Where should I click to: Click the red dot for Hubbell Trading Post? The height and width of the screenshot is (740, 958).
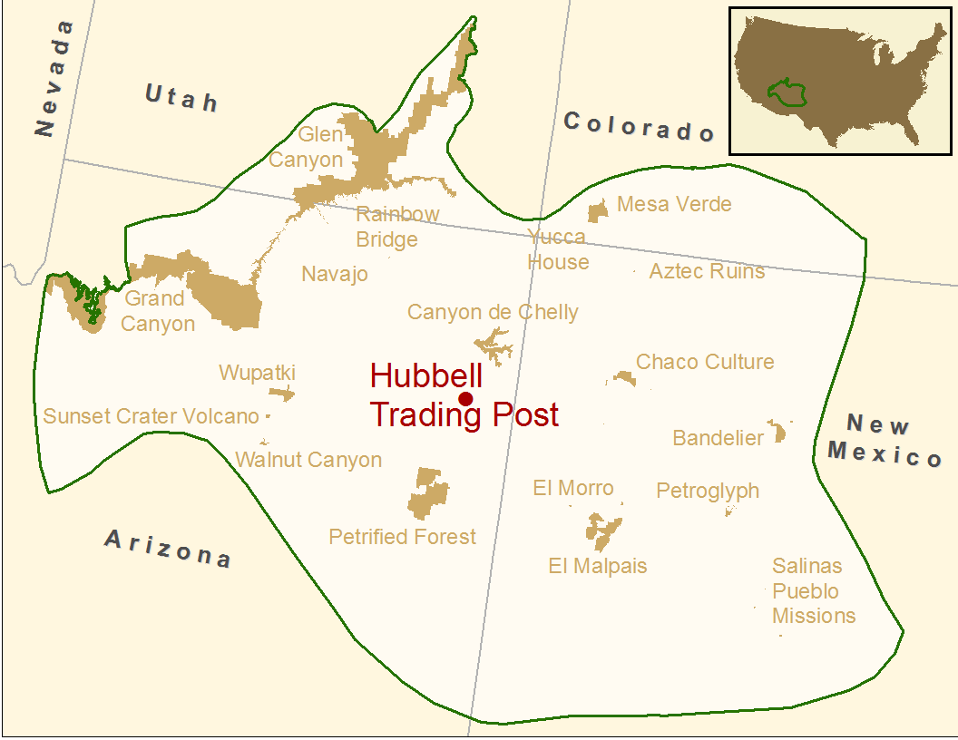(466, 399)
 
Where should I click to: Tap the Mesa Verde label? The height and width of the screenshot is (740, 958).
(674, 204)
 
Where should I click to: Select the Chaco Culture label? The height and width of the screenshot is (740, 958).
(705, 362)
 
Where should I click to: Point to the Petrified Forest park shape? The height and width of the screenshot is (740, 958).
(428, 493)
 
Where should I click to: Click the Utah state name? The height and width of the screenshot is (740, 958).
(181, 96)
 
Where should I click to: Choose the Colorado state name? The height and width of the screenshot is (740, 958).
(639, 126)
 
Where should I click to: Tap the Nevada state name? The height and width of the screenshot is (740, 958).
(53, 78)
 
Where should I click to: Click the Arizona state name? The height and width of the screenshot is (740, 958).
(168, 548)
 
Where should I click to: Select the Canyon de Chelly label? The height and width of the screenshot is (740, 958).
(493, 313)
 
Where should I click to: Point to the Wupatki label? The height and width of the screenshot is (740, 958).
(257, 373)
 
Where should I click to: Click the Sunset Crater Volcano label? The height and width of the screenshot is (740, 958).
(152, 416)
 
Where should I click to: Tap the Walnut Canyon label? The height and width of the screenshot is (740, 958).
(308, 460)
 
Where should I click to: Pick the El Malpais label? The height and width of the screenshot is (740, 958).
(598, 566)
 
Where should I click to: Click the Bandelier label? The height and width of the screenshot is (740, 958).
(718, 438)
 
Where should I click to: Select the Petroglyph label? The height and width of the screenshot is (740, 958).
(708, 491)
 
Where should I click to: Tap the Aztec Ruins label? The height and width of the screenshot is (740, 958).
(707, 271)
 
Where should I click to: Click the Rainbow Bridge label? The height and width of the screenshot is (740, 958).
(397, 227)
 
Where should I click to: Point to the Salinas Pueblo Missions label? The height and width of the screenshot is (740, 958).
(813, 590)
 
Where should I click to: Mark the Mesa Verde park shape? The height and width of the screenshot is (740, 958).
(597, 212)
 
